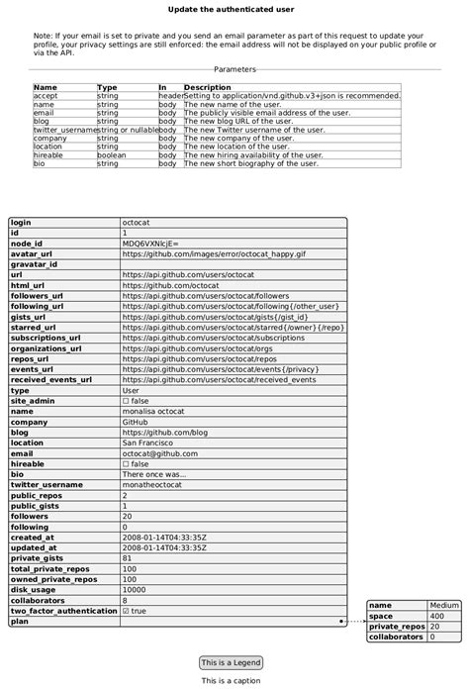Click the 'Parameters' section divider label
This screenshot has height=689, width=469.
point(234,70)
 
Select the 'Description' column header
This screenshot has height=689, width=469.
point(207,87)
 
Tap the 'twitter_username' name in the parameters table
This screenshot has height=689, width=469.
point(64,130)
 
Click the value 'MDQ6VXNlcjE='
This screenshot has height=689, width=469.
point(150,244)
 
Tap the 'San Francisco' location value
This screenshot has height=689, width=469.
point(148,443)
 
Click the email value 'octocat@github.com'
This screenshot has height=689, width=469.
point(159,453)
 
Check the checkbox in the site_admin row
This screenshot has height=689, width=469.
point(126,401)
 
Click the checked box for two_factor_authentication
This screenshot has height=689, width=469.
point(126,611)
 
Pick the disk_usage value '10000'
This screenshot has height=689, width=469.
point(136,590)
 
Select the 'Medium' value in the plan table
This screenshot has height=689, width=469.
point(444,605)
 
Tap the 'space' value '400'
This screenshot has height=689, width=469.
point(437,616)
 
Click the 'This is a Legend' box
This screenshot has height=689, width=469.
point(231,662)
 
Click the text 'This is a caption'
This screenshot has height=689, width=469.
point(231,681)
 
